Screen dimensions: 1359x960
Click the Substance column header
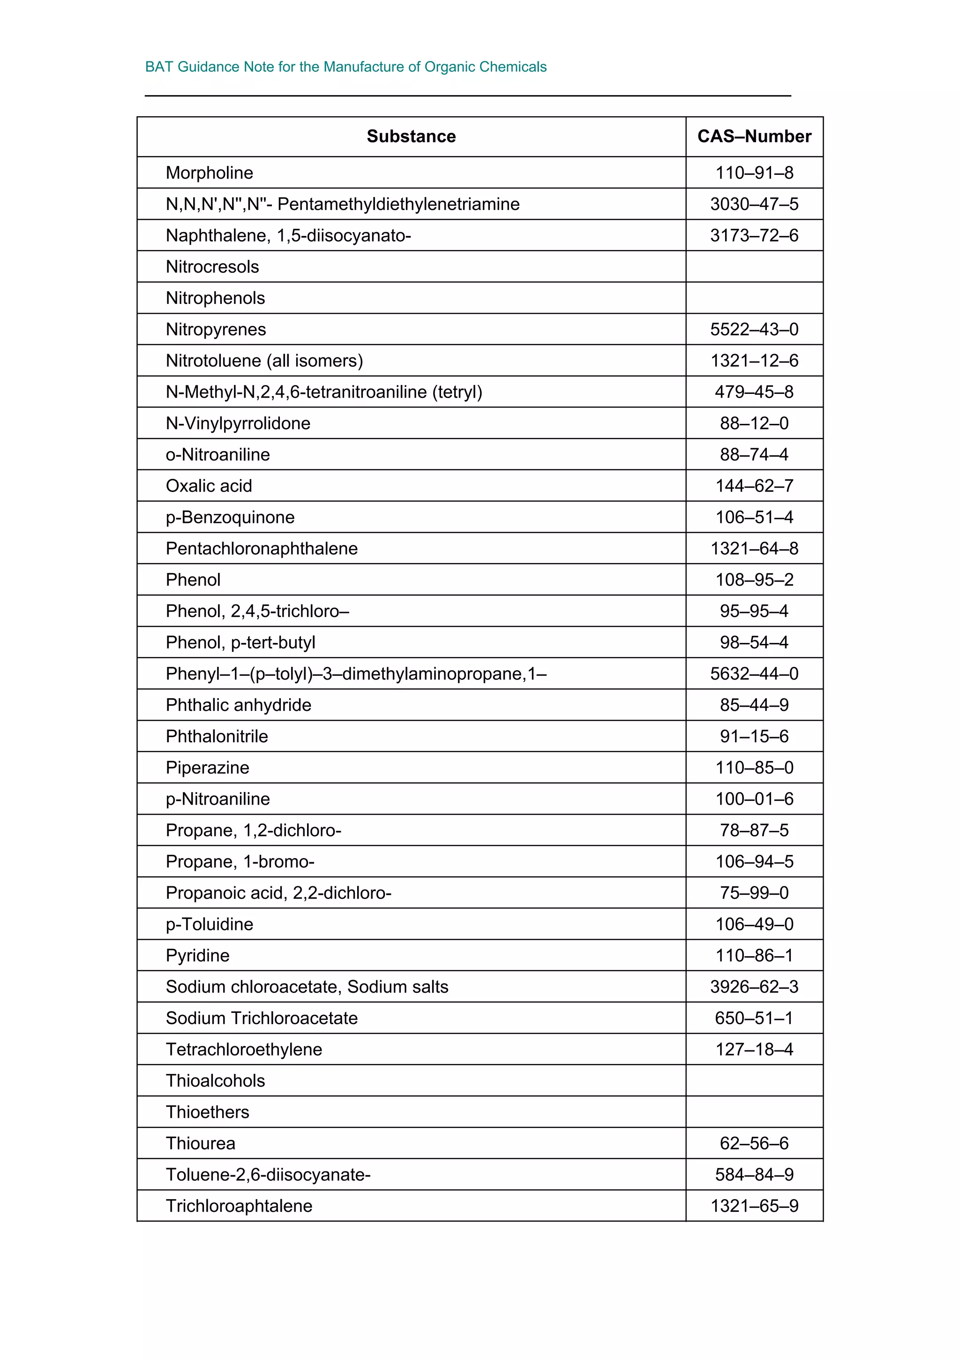click(x=411, y=137)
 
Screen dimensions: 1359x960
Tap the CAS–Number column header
click(x=754, y=137)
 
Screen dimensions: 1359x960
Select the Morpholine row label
click(x=210, y=173)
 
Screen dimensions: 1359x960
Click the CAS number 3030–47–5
click(x=754, y=204)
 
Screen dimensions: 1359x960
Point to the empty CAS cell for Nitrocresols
click(x=754, y=266)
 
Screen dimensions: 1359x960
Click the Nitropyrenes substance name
click(x=216, y=329)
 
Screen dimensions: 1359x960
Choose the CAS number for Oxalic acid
click(x=754, y=486)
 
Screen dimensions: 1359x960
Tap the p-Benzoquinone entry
click(x=230, y=517)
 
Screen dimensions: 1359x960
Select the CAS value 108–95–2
click(x=754, y=580)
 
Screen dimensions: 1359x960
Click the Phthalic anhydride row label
click(x=239, y=705)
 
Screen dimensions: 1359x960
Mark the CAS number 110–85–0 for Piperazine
click(x=754, y=768)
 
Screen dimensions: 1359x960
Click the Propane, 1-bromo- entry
click(x=240, y=862)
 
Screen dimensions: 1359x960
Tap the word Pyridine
click(x=197, y=955)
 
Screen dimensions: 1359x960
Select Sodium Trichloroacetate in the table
click(x=262, y=1018)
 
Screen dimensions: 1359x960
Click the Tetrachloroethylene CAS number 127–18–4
click(x=754, y=1049)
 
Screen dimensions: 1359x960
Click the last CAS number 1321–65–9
click(x=754, y=1206)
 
